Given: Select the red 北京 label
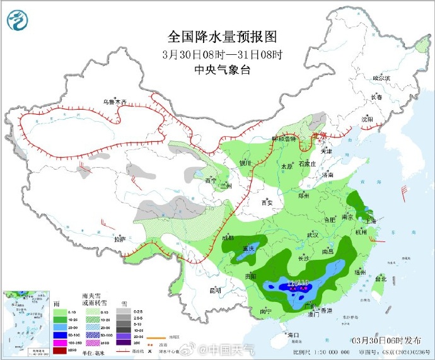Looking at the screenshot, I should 320,136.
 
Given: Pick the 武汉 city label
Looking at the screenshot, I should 312,235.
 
